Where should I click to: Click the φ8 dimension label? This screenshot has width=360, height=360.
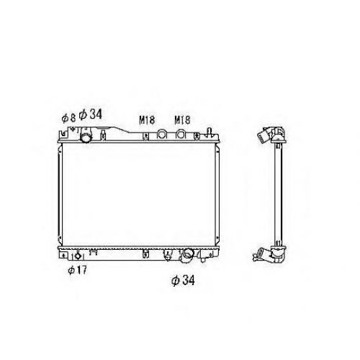(x=68, y=118)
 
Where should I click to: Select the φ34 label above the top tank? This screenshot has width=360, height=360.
(x=91, y=114)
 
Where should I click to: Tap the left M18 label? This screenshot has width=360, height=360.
(x=147, y=120)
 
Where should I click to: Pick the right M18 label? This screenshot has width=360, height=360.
(x=182, y=120)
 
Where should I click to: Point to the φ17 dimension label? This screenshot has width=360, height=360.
(x=77, y=270)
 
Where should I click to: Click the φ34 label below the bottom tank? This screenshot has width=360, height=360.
(x=183, y=280)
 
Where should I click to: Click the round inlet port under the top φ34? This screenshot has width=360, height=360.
(x=86, y=138)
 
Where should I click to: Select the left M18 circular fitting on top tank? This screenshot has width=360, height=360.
(x=162, y=134)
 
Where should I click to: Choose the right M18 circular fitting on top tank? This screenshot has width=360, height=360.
(x=181, y=134)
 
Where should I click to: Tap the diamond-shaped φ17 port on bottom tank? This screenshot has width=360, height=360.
(x=78, y=256)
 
